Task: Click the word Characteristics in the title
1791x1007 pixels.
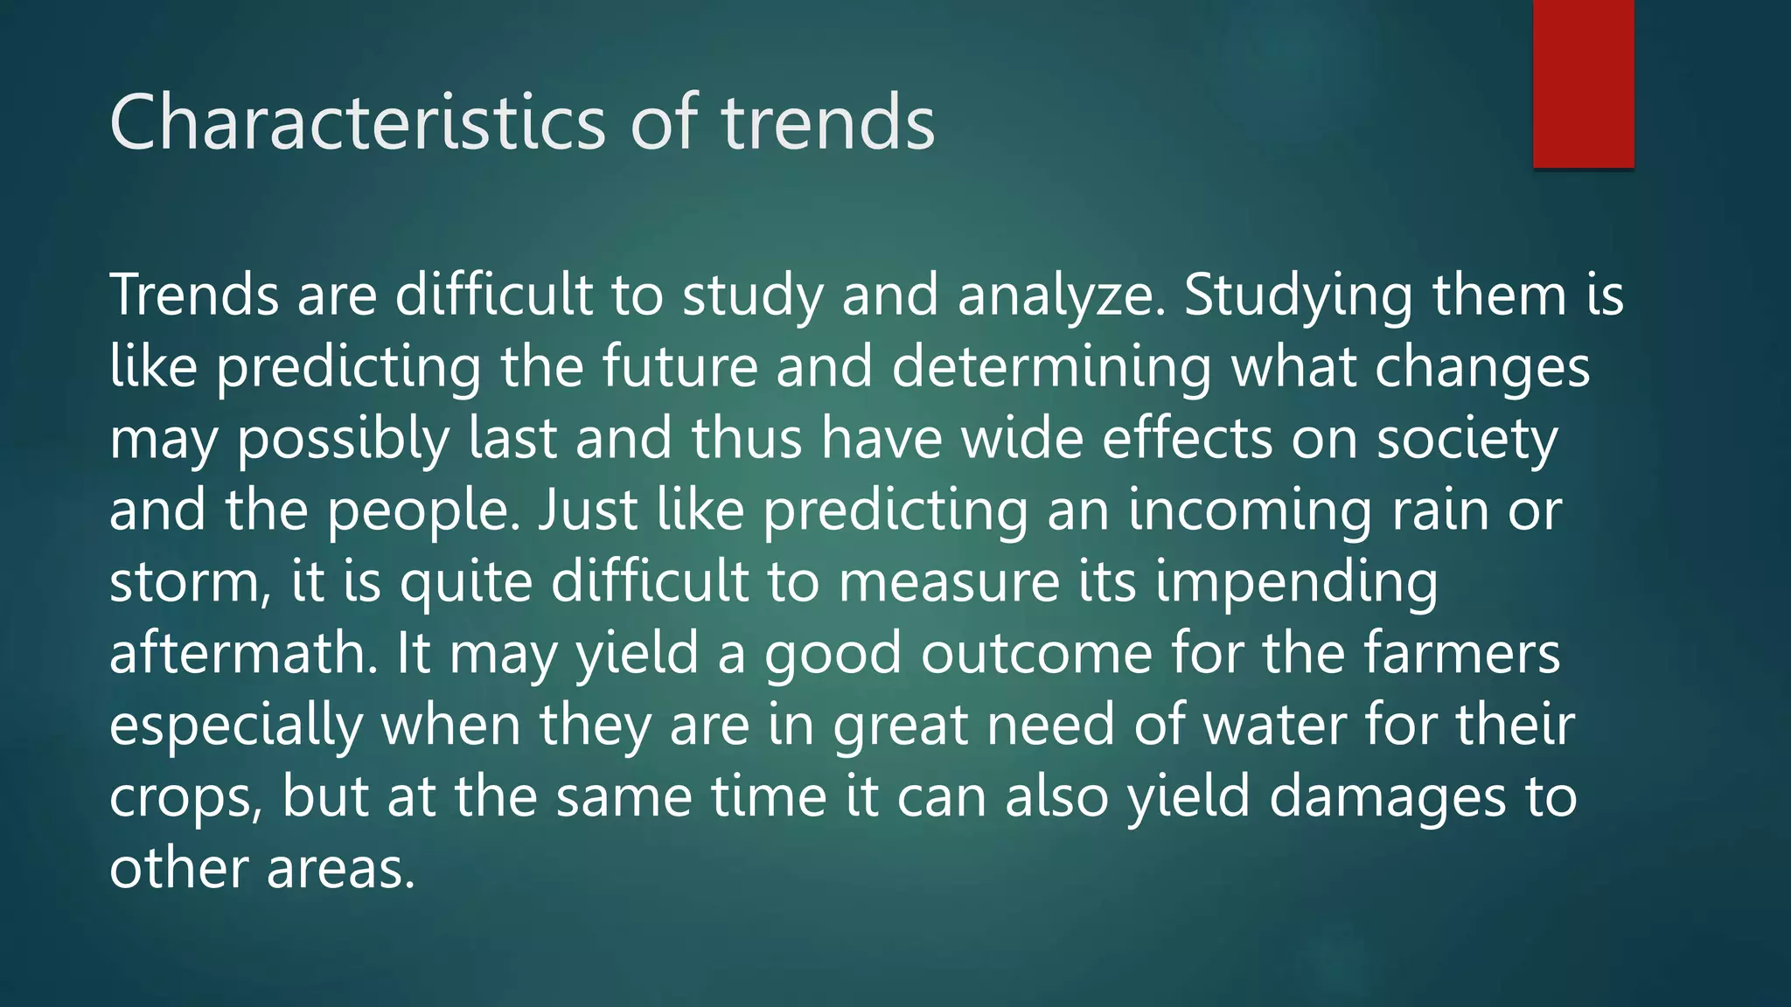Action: (357, 122)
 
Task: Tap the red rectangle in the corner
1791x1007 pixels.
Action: (1583, 83)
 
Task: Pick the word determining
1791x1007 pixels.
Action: (1051, 369)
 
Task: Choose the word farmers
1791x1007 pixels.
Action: (1460, 654)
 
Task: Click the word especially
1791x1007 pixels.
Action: (236, 727)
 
